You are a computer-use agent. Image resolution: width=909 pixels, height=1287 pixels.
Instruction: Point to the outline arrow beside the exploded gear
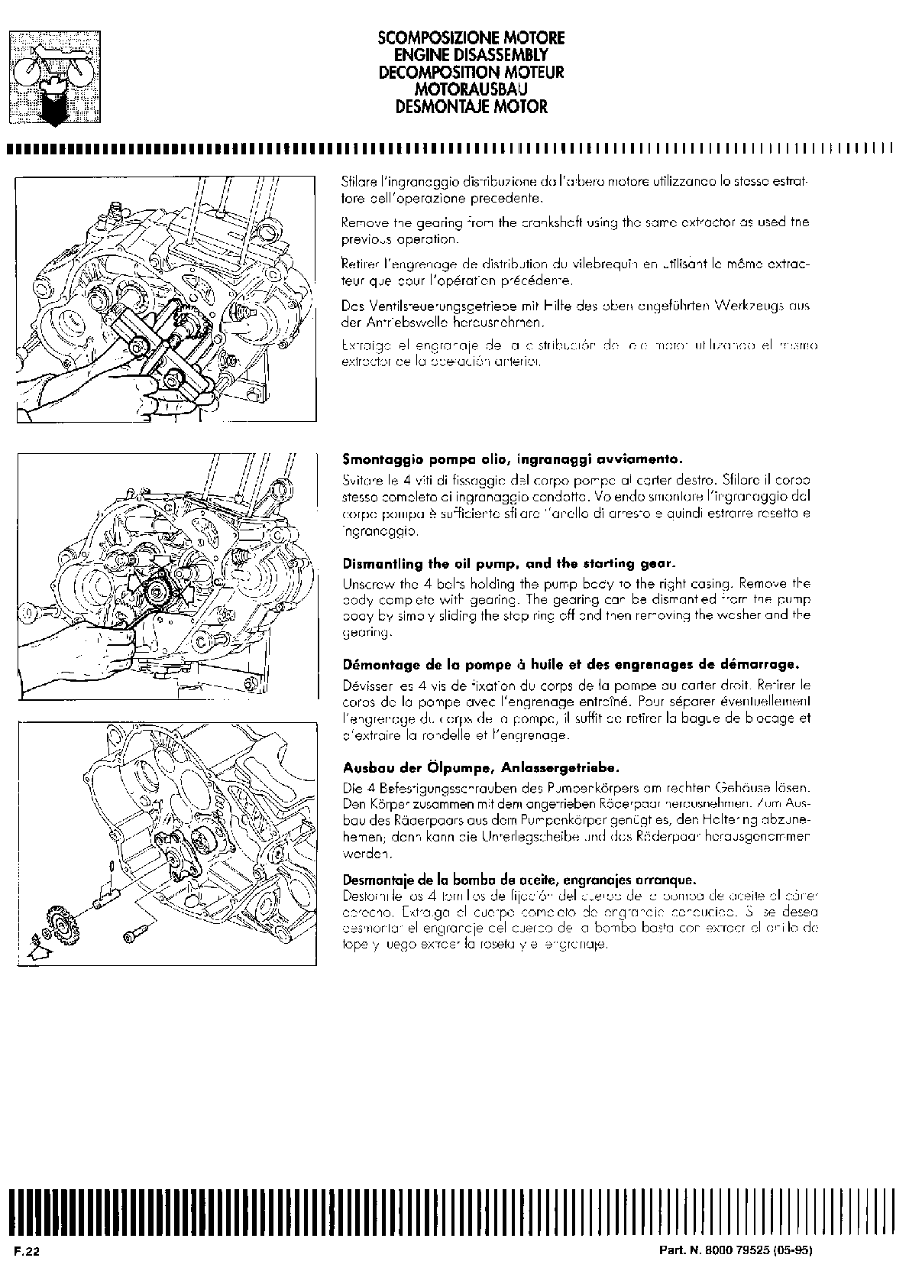point(34,948)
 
